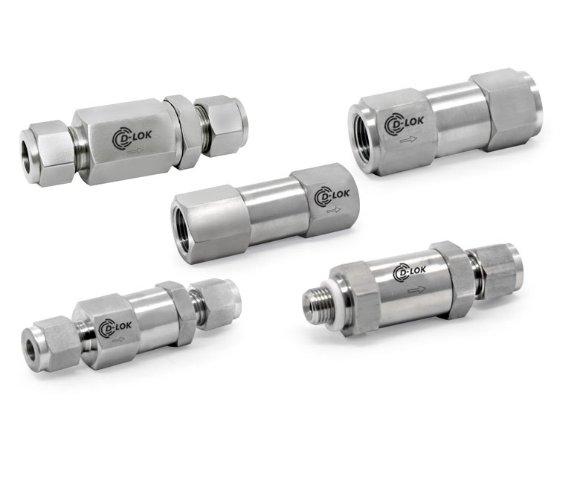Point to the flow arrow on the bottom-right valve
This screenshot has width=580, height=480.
click(x=416, y=289)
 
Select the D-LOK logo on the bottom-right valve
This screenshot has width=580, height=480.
click(x=410, y=272)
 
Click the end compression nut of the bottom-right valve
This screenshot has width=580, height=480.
click(x=500, y=270)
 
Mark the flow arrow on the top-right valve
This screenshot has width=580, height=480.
click(x=408, y=140)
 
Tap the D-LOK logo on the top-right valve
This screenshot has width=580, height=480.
click(x=404, y=123)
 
